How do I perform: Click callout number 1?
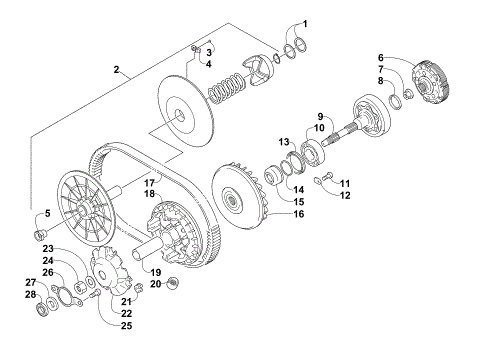(x=306, y=23)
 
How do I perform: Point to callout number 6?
(x=381, y=57)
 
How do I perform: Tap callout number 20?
(x=155, y=284)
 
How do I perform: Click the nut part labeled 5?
(x=41, y=236)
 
